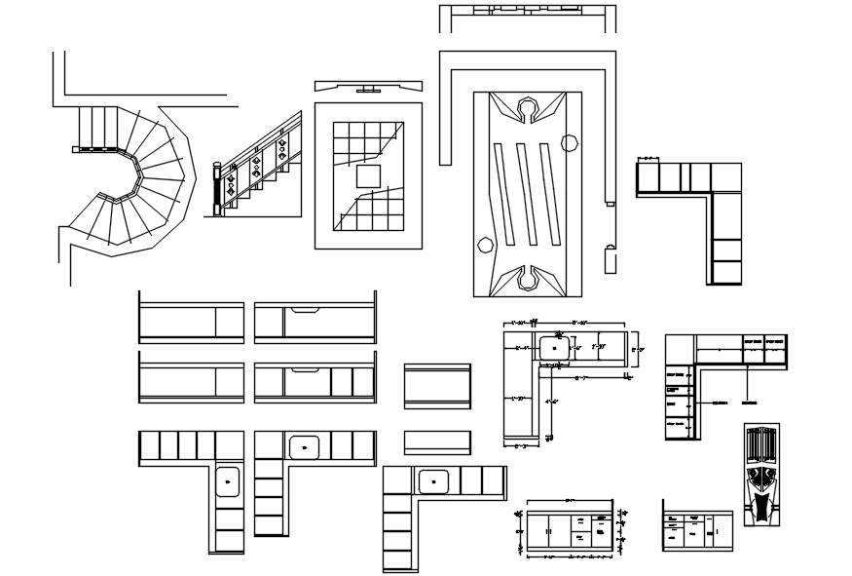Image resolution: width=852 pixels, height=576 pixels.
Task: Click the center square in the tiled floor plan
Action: pyautogui.click(x=368, y=175)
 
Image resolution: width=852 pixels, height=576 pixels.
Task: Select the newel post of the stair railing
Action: pyautogui.click(x=217, y=189)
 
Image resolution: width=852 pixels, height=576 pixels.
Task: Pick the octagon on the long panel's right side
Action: pyautogui.click(x=570, y=144)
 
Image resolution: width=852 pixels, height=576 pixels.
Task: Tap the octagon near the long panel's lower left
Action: pyautogui.click(x=484, y=246)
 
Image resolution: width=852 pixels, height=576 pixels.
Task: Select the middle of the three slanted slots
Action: pyautogui.click(x=528, y=195)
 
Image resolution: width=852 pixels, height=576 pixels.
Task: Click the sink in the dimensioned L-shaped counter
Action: pyautogui.click(x=555, y=346)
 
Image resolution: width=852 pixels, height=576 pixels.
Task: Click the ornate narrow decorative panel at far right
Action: pyautogui.click(x=761, y=475)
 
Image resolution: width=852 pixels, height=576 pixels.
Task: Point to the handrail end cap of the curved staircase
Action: pyautogui.click(x=74, y=149)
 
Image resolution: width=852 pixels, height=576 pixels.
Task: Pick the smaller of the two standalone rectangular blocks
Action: pyautogui.click(x=437, y=441)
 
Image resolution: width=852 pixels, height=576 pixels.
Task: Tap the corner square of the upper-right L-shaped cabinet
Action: pyautogui.click(x=726, y=177)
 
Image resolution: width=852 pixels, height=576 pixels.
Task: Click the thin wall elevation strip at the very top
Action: pyautogui.click(x=527, y=12)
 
